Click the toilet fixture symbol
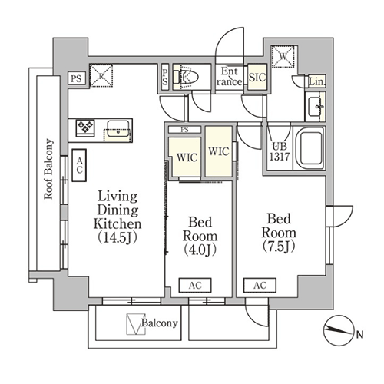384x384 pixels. [187, 77]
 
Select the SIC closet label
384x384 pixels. [257, 77]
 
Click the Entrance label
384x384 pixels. [230, 76]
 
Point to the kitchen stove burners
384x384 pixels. [84, 127]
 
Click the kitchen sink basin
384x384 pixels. [118, 128]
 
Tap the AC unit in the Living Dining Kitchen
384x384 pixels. [79, 166]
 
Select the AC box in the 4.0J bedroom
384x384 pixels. [195, 285]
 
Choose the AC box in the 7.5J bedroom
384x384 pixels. [260, 285]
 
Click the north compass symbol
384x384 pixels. [339, 331]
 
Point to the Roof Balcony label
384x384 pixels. [48, 169]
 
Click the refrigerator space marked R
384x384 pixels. [101, 75]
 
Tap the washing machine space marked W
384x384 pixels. [284, 57]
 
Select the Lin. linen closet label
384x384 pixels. [317, 81]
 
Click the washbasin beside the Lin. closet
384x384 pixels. [315, 107]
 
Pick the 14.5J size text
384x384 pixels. [118, 237]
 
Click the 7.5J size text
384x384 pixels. [279, 247]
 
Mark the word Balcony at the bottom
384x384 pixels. [160, 323]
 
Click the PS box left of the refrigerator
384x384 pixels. [77, 78]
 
